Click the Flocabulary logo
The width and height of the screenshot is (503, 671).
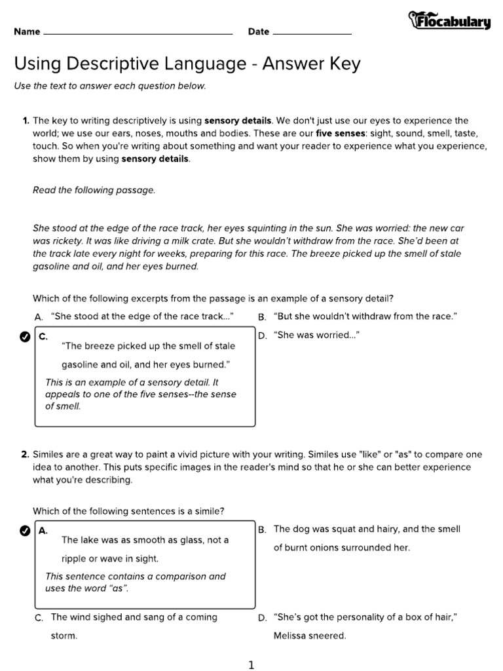(x=449, y=21)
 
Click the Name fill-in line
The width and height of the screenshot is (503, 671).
(x=138, y=32)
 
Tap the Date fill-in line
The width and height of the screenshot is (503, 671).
(x=312, y=32)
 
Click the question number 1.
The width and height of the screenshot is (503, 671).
(x=26, y=121)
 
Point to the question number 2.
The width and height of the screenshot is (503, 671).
(x=25, y=455)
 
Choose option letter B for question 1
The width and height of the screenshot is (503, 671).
(x=262, y=317)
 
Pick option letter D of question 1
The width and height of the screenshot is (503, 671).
(x=262, y=336)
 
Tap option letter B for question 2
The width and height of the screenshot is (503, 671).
(x=262, y=529)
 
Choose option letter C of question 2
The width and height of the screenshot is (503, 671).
(x=39, y=618)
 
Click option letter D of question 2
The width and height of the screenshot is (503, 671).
(x=262, y=618)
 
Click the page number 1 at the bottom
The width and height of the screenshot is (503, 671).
(x=251, y=665)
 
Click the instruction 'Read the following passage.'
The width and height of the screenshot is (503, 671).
(x=94, y=190)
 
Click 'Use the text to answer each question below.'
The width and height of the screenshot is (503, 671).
(x=110, y=86)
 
